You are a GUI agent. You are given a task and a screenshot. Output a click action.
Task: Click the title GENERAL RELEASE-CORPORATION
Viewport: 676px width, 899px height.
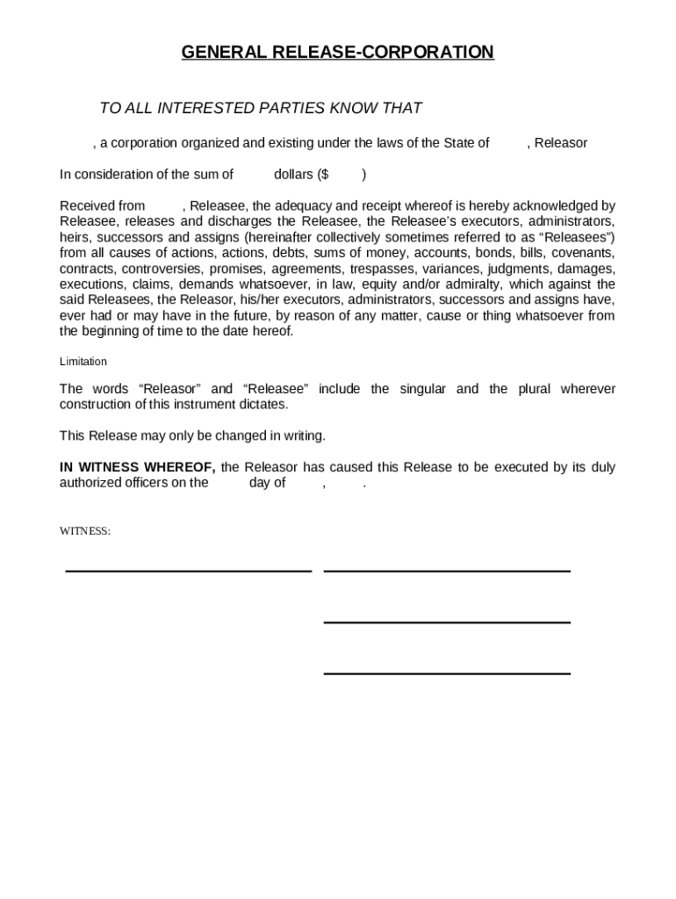[x=337, y=53]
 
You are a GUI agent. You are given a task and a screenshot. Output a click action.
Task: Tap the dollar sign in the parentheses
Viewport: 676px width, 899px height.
[x=324, y=174]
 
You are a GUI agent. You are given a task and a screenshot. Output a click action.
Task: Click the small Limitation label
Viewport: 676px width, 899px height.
[x=83, y=362]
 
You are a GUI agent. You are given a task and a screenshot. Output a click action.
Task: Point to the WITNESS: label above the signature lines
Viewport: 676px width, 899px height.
[x=84, y=531]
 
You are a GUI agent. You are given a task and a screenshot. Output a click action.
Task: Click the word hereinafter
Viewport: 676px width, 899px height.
[x=283, y=237]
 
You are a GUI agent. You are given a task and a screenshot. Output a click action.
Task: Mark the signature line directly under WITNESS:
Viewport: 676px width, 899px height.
[x=189, y=571]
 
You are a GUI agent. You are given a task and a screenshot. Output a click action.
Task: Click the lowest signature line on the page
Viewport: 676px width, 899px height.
[x=447, y=673]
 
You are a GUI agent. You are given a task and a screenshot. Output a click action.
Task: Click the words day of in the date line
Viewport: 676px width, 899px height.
[x=267, y=483]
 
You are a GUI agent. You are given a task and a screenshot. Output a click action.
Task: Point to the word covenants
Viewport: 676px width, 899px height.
[x=582, y=253]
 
